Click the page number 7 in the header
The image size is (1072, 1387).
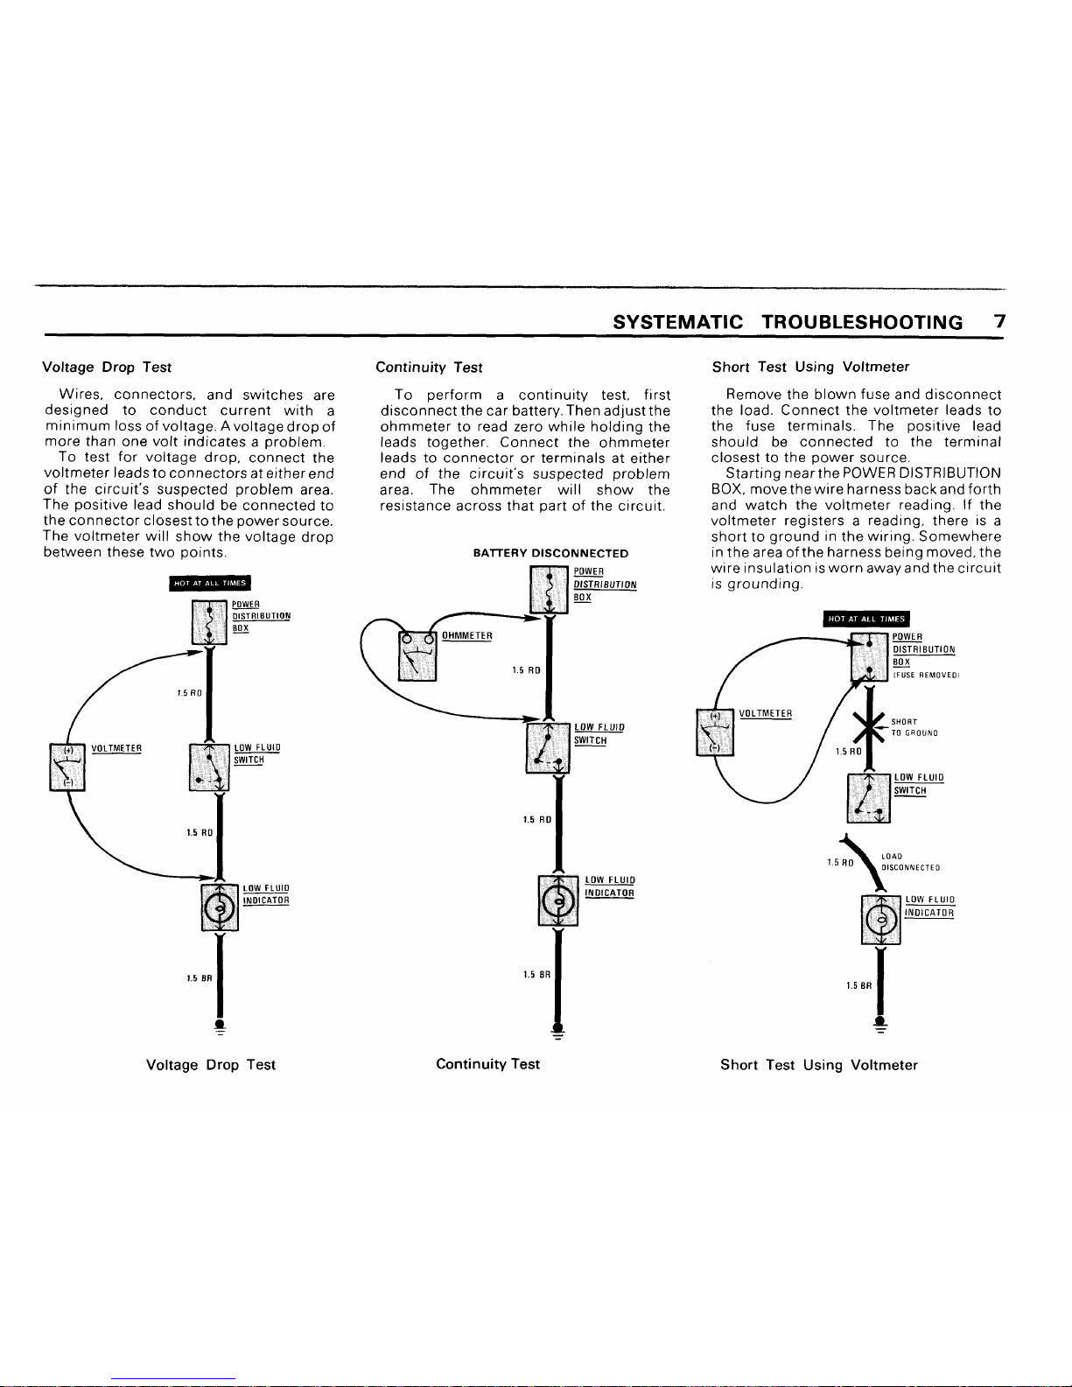coord(999,321)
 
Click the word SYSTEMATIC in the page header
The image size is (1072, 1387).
coord(677,322)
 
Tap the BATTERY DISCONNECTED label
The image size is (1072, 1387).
coord(550,553)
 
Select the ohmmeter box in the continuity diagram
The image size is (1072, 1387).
coord(417,656)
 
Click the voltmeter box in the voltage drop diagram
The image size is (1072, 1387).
coord(67,767)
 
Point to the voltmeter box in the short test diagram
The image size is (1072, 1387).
coord(715,732)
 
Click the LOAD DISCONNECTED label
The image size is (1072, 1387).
coord(911,862)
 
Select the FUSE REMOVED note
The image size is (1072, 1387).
coord(926,675)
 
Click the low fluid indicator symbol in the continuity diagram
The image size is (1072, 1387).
coord(558,900)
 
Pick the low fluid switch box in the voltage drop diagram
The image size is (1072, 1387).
coord(209,767)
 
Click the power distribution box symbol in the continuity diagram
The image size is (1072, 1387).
coord(549,590)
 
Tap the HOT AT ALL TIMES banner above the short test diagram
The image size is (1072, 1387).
coord(866,619)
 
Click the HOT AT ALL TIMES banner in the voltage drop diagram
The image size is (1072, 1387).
coord(210,583)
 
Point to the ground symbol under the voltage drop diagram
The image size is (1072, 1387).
coord(221,1026)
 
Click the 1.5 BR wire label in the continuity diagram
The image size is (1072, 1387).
coord(536,975)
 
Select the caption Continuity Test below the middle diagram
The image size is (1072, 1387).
coord(488,1064)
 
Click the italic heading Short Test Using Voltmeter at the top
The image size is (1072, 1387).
coord(810,367)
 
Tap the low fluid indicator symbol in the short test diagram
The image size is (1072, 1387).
coord(881,920)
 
